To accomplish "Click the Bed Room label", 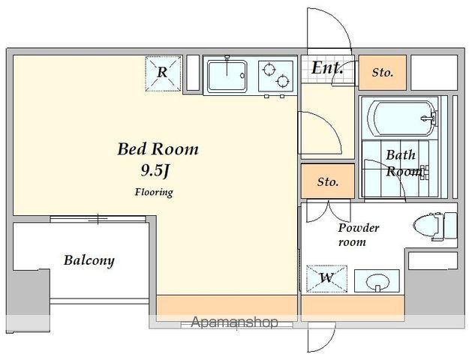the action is coord(158,149).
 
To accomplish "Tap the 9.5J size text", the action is coord(155,171).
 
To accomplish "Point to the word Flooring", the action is coord(154,192).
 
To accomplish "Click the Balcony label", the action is coord(89,260).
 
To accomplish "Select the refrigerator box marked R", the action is coord(164,73).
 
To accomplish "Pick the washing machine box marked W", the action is coord(327,278).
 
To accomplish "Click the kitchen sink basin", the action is coord(227,76).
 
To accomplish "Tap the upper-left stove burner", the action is coord(269,69).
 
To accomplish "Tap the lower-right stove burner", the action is coord(283,81).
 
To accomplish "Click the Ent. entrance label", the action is coord(326,67).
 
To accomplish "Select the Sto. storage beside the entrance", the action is coord(383,73).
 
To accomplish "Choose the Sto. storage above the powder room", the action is coord(328,181).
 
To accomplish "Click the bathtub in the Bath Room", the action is coord(402,118).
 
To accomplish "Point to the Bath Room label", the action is coord(404,163).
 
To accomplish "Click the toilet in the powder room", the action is coord(435,226).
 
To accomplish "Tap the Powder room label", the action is coord(359,235).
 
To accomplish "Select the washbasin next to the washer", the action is coord(377,280).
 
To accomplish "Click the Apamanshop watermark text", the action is coord(234,322).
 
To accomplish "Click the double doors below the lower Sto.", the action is coord(328,211).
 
